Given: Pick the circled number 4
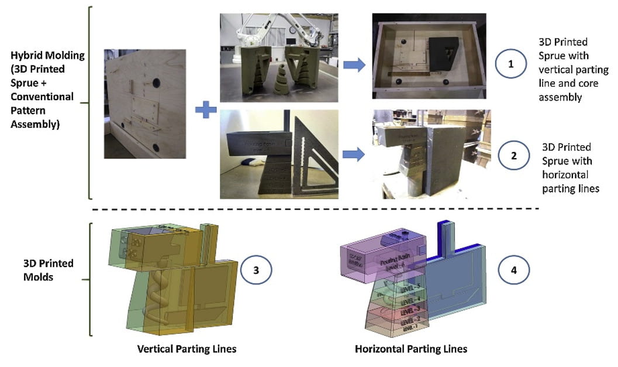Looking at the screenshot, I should (513, 270).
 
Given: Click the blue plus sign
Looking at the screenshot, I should (205, 109).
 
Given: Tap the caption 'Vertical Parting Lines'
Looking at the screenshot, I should (187, 349).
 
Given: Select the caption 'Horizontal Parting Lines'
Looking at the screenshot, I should (411, 349).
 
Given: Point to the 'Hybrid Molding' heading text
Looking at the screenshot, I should (47, 55).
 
